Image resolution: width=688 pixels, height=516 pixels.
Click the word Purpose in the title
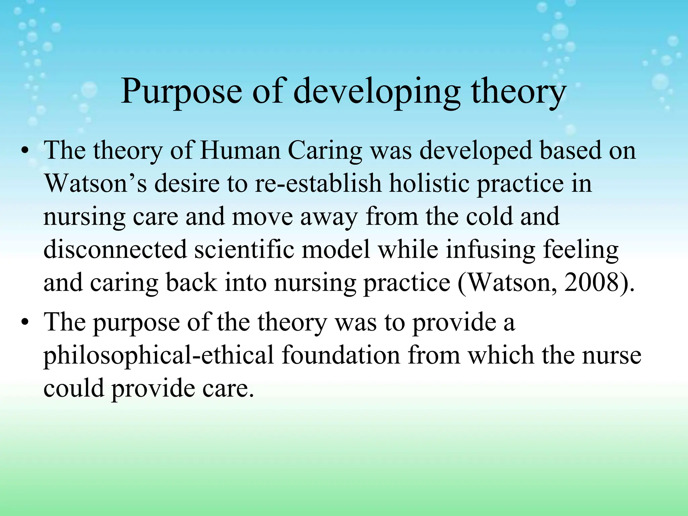point(181,92)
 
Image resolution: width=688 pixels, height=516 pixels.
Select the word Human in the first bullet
point(240,150)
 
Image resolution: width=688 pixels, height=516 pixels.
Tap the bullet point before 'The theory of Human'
point(24,152)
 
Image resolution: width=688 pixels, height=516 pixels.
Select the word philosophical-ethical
point(159,355)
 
